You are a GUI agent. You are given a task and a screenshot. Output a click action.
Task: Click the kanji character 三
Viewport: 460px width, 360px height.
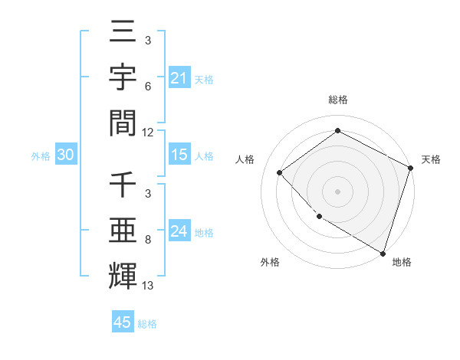pyautogui.click(x=123, y=34)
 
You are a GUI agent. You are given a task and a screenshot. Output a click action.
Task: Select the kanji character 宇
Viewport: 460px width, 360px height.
pyautogui.click(x=123, y=79)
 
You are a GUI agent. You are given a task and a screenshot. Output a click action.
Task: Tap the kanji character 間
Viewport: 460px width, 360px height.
pyautogui.click(x=123, y=123)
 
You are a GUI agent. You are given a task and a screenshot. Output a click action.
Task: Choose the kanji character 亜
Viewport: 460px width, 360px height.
pyautogui.click(x=123, y=230)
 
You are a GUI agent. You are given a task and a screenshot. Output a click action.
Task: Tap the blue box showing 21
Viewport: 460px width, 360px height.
pyautogui.click(x=179, y=78)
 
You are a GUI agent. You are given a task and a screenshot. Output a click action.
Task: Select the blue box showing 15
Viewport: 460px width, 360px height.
pyautogui.click(x=179, y=155)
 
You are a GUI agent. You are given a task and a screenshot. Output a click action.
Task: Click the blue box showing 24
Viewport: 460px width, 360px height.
pyautogui.click(x=179, y=231)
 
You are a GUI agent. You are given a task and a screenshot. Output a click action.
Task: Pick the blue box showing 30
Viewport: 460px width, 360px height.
pyautogui.click(x=65, y=155)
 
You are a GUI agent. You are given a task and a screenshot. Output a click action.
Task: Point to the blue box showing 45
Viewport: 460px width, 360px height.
pyautogui.click(x=123, y=322)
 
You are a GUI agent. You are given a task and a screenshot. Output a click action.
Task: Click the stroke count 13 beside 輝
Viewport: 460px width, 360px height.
pyautogui.click(x=149, y=286)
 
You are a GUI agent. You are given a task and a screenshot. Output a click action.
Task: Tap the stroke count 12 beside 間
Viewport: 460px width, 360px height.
pyautogui.click(x=149, y=132)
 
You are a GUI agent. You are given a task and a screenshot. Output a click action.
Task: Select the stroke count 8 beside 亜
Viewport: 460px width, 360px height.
pyautogui.click(x=147, y=241)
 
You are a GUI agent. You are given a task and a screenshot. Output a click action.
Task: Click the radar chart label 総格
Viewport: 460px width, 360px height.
pyautogui.click(x=337, y=100)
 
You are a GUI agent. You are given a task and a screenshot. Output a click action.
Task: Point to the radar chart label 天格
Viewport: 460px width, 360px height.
pyautogui.click(x=431, y=159)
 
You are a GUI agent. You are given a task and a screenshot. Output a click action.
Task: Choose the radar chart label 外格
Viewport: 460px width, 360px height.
pyautogui.click(x=270, y=262)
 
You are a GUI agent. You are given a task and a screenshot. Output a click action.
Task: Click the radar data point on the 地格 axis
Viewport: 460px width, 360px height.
pyautogui.click(x=383, y=252)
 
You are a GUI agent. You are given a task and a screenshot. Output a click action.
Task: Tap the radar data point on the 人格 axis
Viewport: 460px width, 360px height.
pyautogui.click(x=280, y=172)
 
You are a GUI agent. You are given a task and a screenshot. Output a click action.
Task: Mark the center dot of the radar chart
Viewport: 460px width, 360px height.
pyautogui.click(x=337, y=191)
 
